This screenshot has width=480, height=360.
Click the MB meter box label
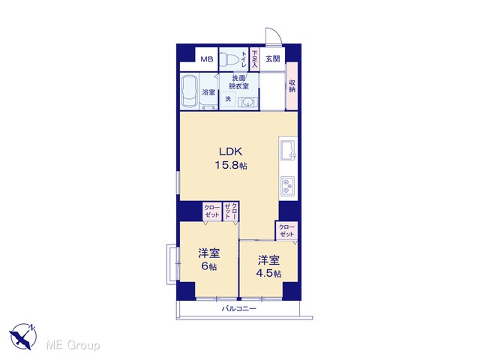click(207, 59)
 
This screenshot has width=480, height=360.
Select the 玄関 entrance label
click(272, 58)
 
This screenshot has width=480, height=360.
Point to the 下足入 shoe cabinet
click(255, 58)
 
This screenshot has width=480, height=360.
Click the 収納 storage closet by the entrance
click(292, 86)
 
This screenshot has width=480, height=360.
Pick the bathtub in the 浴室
click(190, 91)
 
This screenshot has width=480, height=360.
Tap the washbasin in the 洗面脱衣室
click(247, 102)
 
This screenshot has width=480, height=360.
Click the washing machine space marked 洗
click(228, 99)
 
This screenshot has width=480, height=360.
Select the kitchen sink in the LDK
click(288, 150)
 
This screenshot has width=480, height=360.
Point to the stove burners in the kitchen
click(288, 186)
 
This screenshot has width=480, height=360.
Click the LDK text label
click(230, 151)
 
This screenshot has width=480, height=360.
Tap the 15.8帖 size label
click(231, 166)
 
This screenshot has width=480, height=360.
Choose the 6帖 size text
click(208, 267)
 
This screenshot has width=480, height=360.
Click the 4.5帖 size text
click(268, 273)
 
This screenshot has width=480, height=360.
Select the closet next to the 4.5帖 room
click(286, 231)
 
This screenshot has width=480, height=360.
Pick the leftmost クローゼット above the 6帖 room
click(212, 211)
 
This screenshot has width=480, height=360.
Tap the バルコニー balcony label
click(238, 308)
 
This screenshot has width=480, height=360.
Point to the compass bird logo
click(23, 336)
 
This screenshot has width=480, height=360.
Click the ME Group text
click(73, 345)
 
